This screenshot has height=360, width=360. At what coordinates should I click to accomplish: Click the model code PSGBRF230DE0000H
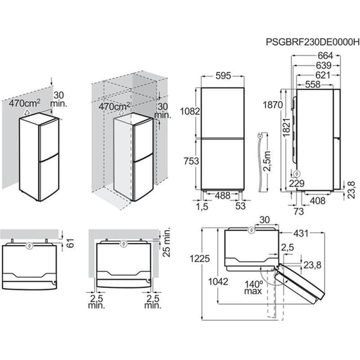click(312, 42)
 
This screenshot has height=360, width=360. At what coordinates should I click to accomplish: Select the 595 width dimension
click(223, 76)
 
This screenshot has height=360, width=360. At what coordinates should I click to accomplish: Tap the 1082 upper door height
click(190, 111)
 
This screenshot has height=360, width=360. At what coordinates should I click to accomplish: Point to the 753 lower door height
click(192, 161)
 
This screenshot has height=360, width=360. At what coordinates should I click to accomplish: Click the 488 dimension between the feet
click(222, 195)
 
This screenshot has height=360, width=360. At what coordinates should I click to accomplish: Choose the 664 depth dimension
click(325, 55)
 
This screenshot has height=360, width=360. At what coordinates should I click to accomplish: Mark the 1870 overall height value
click(273, 105)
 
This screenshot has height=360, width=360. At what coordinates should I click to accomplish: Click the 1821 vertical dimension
click(287, 128)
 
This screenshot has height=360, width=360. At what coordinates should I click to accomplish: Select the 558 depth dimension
click(312, 85)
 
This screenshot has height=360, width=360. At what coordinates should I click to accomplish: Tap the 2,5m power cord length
click(267, 161)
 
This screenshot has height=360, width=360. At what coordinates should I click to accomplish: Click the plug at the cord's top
click(260, 136)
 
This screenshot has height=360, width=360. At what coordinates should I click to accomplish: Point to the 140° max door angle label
click(253, 288)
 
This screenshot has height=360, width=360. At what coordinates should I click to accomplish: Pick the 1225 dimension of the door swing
click(200, 258)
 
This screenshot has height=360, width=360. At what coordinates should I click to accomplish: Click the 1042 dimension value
click(218, 282)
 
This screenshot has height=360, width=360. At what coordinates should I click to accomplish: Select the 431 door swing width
click(301, 233)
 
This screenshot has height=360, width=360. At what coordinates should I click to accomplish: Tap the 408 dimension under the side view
click(318, 201)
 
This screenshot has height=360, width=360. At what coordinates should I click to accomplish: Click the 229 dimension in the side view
click(296, 183)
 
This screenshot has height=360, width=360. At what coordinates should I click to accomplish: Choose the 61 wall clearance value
click(71, 243)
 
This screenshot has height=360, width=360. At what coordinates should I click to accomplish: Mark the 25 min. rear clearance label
click(166, 242)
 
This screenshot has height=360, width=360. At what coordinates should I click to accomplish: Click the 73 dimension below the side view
click(299, 212)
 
